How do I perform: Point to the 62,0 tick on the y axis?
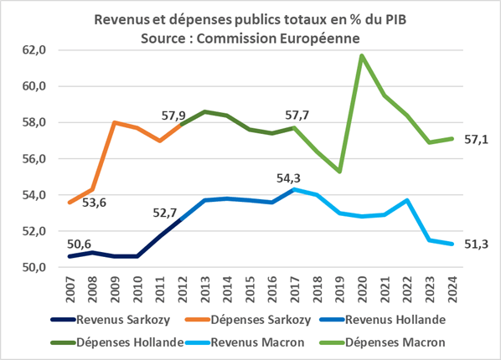pos(44,50)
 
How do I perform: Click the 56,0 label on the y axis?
pos(44,159)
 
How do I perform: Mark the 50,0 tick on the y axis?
pos(44,268)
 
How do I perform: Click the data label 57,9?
pos(159,114)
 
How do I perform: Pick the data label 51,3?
pos(475,244)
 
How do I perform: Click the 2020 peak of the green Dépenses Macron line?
pos(362,56)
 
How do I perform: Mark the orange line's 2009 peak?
pos(115,122)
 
